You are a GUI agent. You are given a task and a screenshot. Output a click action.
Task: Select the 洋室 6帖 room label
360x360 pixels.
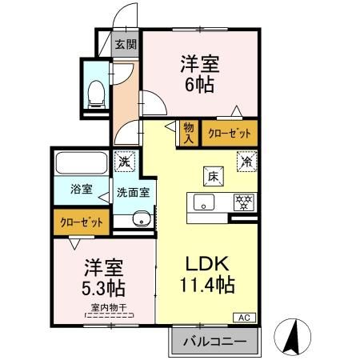200,73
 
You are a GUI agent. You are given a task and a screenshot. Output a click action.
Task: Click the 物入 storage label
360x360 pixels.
188,132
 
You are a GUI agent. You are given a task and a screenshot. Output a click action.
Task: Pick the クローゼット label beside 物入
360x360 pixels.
230,133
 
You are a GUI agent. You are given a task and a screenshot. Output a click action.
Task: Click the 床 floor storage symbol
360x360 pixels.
214,174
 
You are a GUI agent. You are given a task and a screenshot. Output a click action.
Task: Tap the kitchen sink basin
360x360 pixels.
204,203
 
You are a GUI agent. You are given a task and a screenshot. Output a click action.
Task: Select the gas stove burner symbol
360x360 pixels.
242,202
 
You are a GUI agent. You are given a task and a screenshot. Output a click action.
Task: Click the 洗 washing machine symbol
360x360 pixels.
122,160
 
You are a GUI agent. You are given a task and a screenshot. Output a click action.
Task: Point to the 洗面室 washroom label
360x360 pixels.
134,192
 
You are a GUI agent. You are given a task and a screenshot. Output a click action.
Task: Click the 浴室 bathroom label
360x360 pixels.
80,190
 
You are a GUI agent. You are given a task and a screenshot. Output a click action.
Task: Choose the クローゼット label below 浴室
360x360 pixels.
80,222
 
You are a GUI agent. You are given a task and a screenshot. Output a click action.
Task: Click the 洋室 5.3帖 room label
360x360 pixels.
103,274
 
